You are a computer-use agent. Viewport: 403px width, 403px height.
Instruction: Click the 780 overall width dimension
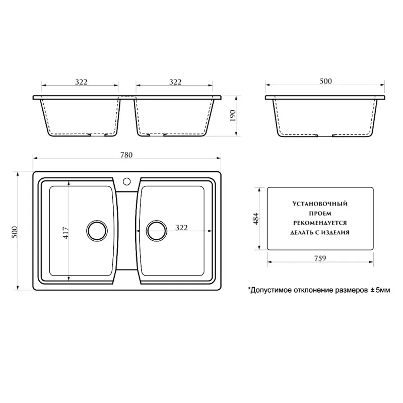pyautogui.click(x=126, y=155)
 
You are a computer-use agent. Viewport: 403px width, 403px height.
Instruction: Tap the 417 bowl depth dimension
pyautogui.click(x=66, y=233)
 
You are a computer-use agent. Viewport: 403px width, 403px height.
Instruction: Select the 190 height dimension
pyautogui.click(x=232, y=116)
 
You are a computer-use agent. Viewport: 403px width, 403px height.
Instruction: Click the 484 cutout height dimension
pyautogui.click(x=256, y=219)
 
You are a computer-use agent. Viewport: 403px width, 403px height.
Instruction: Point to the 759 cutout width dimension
pyautogui.click(x=320, y=258)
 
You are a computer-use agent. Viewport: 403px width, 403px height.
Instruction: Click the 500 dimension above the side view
pyautogui.click(x=325, y=81)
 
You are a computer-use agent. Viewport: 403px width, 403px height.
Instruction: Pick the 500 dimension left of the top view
pyautogui.click(x=15, y=232)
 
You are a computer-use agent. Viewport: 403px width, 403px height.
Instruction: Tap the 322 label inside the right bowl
pyautogui.click(x=181, y=228)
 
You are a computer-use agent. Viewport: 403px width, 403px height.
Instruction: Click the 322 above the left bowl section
pyautogui.click(x=81, y=82)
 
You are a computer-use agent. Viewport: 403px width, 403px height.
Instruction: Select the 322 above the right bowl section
pyautogui.click(x=175, y=82)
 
